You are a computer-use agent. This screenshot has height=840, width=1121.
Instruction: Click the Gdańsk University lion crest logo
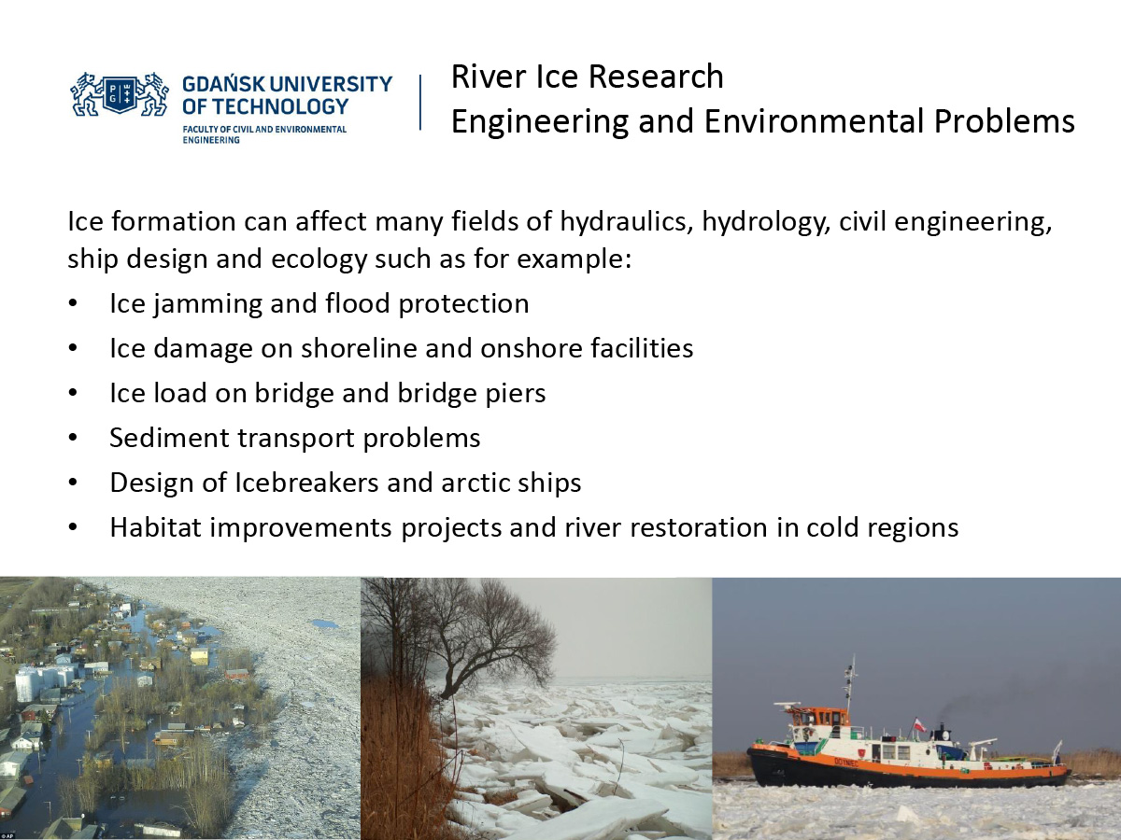120,94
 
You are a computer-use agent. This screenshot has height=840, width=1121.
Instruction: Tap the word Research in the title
656,77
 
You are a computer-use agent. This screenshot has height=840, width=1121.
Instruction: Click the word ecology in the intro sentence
319,259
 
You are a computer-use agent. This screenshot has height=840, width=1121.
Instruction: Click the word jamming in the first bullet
207,304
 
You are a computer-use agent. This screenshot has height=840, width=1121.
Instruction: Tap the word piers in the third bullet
516,394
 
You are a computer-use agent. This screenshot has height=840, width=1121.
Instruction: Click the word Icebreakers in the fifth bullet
307,483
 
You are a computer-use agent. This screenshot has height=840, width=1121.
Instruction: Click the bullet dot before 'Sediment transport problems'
73,438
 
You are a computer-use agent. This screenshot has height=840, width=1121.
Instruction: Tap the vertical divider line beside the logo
420,103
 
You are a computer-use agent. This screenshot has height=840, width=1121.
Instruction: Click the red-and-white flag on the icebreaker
919,724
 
